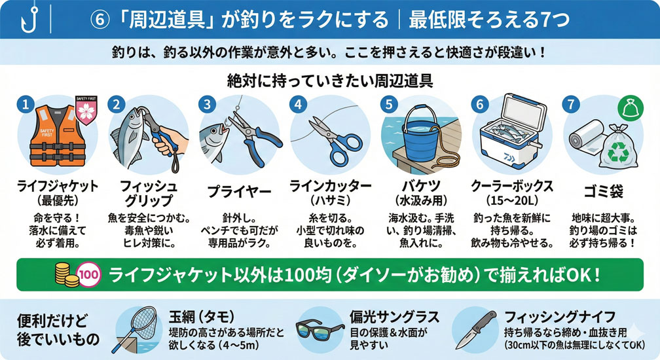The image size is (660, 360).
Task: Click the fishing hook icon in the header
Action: pos(29,20)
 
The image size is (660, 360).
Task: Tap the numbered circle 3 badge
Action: pos(207,104)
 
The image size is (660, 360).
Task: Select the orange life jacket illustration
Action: pos(57,136)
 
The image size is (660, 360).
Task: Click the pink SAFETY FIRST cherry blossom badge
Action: pos(86,110)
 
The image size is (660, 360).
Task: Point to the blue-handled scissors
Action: pos(335,139)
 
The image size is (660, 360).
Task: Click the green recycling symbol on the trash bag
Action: pos(619,151)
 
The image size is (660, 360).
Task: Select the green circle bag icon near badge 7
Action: pos(630,109)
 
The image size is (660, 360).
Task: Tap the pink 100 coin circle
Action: pos(89,276)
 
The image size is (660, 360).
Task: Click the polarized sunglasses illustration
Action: pos(320,330)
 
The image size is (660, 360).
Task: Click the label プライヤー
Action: pos(239,192)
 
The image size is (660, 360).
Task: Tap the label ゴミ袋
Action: pos(603,191)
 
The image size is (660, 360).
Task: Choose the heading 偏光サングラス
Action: pos(394,317)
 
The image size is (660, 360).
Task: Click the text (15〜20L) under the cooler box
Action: pos(512,200)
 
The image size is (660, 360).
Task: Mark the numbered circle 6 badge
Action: pos(480,104)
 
